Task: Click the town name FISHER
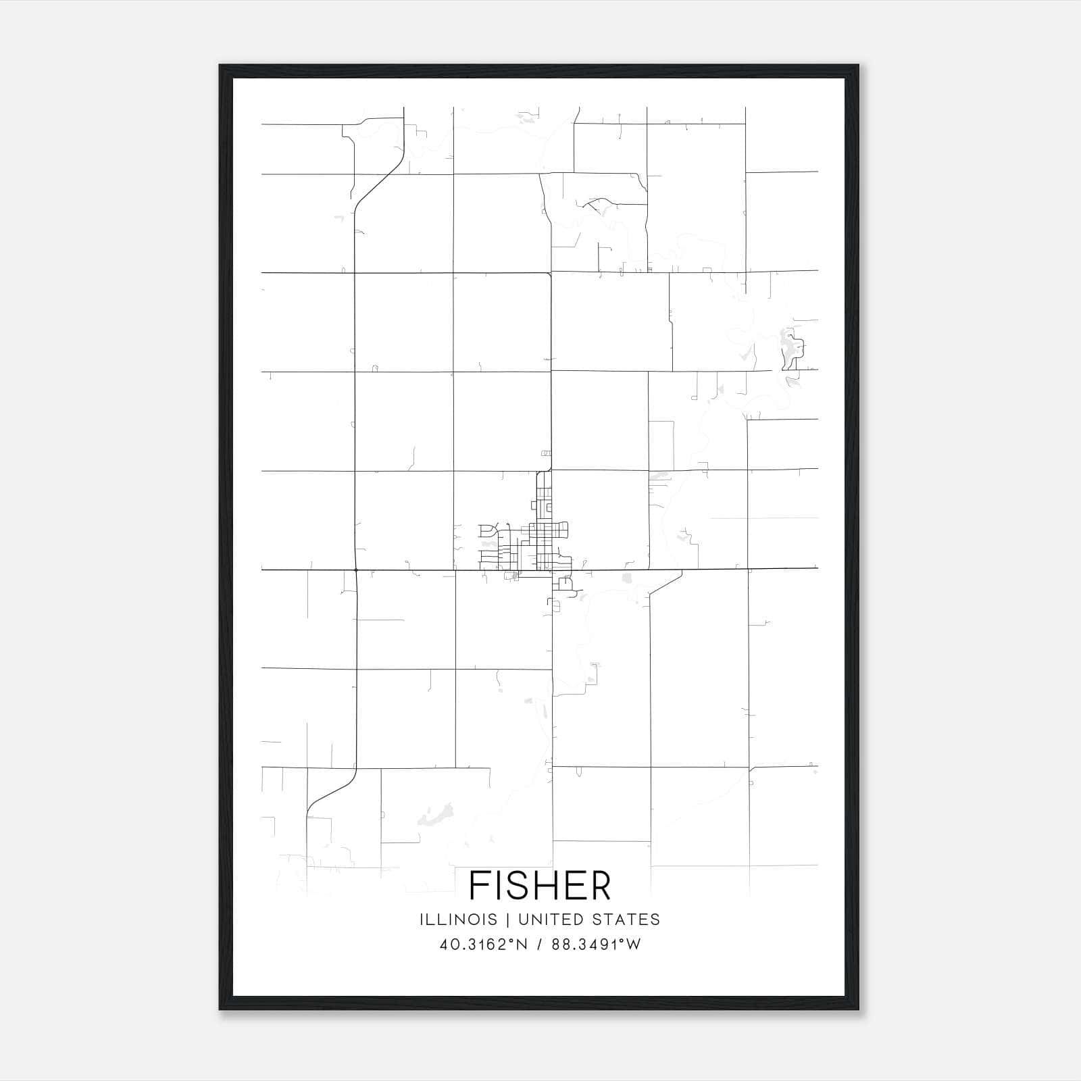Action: (540, 886)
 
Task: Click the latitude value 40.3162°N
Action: (483, 945)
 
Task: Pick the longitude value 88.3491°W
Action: (596, 945)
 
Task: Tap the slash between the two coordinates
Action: (539, 945)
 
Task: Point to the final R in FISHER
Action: (600, 886)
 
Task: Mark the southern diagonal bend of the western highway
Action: (331, 790)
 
